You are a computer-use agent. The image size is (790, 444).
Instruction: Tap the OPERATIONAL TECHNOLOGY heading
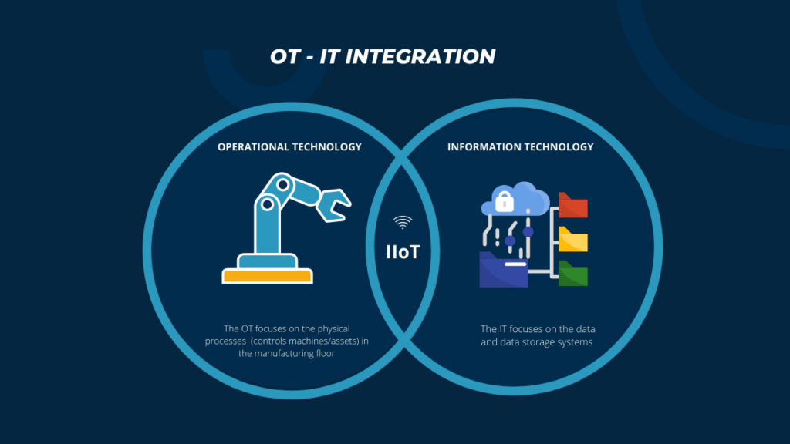coord(289,146)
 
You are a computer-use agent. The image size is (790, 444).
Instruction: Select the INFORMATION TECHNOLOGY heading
coord(521,146)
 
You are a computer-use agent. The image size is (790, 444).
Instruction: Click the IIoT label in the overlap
coord(403,251)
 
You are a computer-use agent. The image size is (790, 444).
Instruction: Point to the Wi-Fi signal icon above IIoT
coord(403,223)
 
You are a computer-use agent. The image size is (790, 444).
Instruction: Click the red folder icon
coord(573,206)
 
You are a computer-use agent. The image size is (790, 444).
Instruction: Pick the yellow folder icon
coord(573,240)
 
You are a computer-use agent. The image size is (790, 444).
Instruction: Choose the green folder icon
coord(573,274)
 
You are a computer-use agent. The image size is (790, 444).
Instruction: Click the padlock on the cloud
coord(504,202)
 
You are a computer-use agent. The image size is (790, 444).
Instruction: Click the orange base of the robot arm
coord(267,276)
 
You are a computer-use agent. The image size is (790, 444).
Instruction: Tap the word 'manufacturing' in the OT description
coord(285,354)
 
